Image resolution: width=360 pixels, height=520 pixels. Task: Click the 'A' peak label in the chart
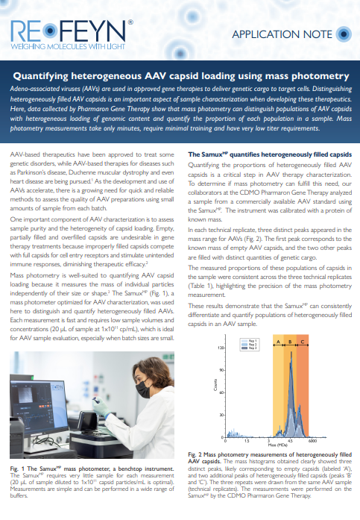pyautogui.click(x=278, y=342)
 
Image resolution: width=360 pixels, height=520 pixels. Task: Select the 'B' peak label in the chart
pyautogui.click(x=290, y=342)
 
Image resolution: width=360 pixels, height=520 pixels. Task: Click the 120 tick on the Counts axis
pyautogui.click(x=221, y=348)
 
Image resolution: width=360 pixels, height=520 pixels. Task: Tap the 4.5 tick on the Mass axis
pyautogui.click(x=290, y=442)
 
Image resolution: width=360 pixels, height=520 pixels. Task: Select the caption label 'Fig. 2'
pyautogui.click(x=196, y=454)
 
